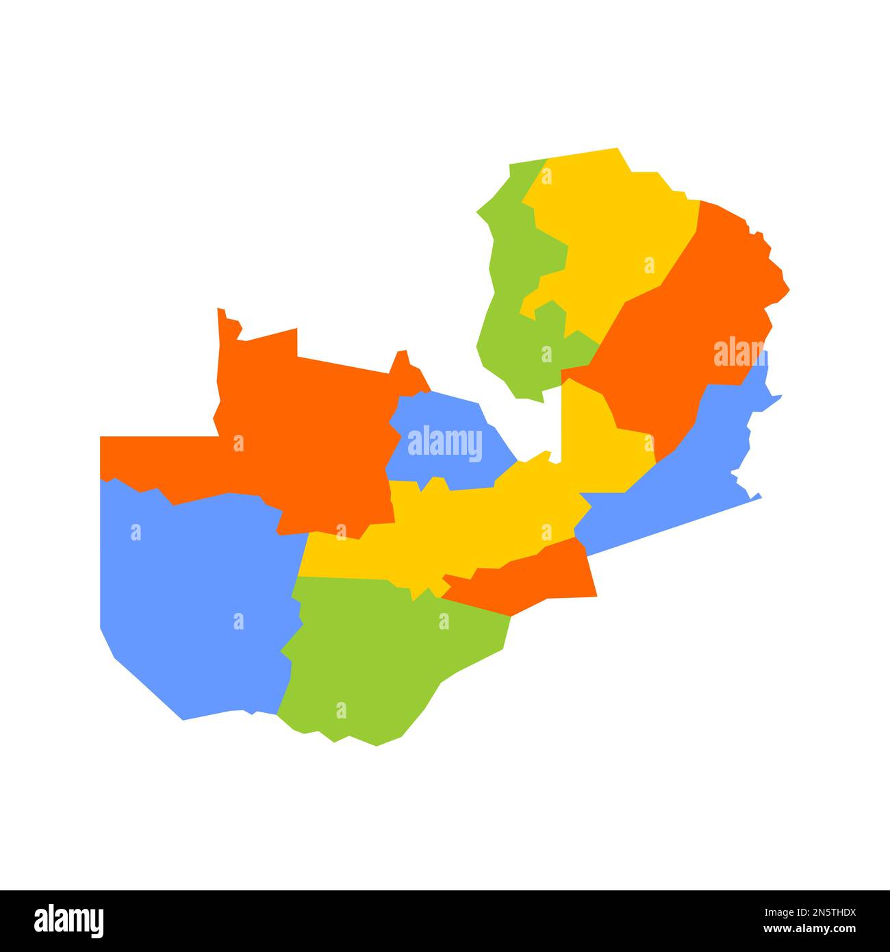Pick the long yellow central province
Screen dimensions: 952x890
466,527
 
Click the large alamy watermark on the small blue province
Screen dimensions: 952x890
445,443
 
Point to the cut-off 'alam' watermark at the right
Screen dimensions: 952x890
739,353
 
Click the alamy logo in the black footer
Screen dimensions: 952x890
69,920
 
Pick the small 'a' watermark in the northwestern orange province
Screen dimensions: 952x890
238,443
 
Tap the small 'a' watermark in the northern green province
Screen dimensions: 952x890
546,354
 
